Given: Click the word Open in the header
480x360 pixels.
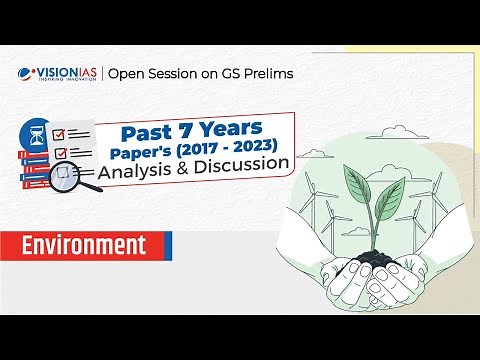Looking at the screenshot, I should pos(127,72).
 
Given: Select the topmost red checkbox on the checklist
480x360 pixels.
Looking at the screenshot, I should pos(59,133).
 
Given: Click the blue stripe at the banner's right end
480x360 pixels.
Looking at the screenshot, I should pos(167,245).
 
